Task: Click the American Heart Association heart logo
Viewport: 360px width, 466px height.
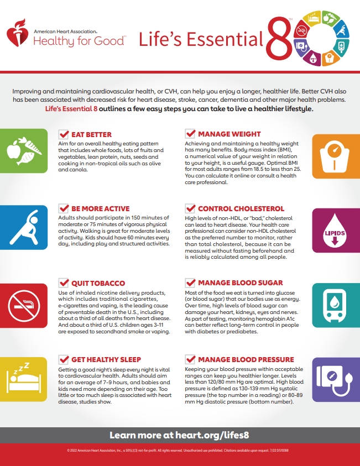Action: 18,35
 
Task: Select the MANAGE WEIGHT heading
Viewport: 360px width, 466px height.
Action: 229,134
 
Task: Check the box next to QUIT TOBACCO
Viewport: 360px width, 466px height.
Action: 64,283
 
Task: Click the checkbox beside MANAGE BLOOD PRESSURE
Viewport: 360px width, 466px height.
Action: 190,359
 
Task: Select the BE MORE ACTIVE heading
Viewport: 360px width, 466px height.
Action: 100,209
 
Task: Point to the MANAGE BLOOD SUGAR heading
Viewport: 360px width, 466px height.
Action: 240,283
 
